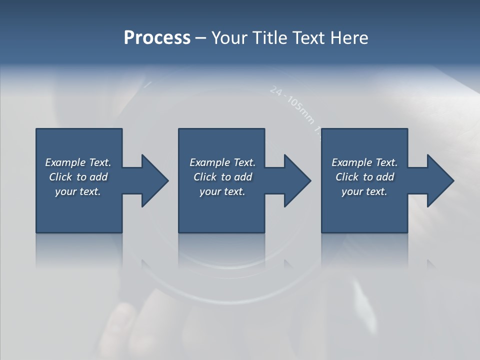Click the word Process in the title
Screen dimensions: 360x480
157,38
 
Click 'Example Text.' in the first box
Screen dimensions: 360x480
78,162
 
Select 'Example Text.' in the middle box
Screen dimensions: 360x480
222,162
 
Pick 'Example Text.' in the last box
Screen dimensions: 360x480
364,162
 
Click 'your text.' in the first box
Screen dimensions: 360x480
78,191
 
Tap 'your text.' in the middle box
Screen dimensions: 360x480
222,191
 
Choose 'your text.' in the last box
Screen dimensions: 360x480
364,191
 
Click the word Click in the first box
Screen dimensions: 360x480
60,177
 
